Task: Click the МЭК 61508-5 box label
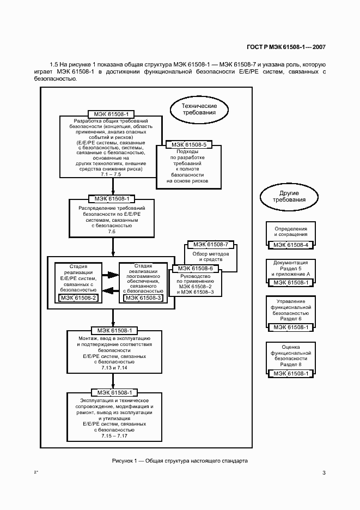(189, 145)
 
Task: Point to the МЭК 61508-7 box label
(211, 244)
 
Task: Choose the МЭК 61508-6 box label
(196, 268)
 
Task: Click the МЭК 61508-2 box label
(78, 297)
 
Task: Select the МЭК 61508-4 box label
(290, 245)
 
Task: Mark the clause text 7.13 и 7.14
(114, 368)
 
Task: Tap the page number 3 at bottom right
(324, 472)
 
